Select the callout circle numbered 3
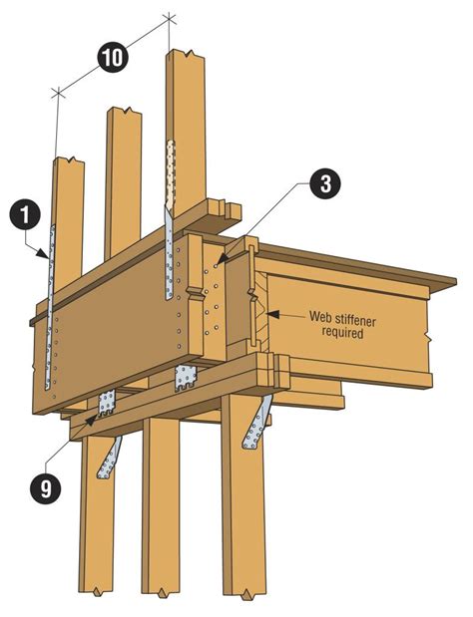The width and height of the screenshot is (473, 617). [x=325, y=183]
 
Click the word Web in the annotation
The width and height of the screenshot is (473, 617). [x=321, y=317]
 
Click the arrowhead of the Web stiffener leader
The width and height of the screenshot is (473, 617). [x=267, y=317]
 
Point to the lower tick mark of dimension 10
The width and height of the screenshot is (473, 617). [x=58, y=93]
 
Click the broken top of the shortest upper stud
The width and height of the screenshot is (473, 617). [x=68, y=158]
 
